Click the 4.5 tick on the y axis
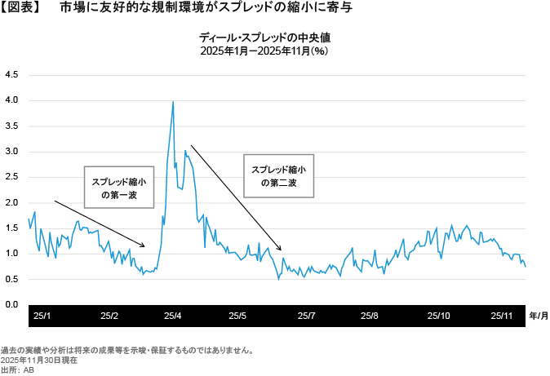coord(11,74)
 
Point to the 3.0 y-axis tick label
coord(11,151)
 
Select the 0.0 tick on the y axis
coord(11,304)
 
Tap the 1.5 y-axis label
coord(11,228)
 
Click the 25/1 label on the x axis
coord(42,315)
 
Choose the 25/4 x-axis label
coord(173,315)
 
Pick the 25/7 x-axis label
coord(305,315)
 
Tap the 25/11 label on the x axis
coord(502,315)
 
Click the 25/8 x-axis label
coord(370,315)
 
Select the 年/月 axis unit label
coord(538,315)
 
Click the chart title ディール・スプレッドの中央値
coord(267,38)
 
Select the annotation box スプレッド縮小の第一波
coord(119,188)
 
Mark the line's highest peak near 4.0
coord(173,102)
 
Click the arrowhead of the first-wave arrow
coord(144,246)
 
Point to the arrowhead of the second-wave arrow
coord(281,250)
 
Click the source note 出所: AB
coord(17,369)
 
